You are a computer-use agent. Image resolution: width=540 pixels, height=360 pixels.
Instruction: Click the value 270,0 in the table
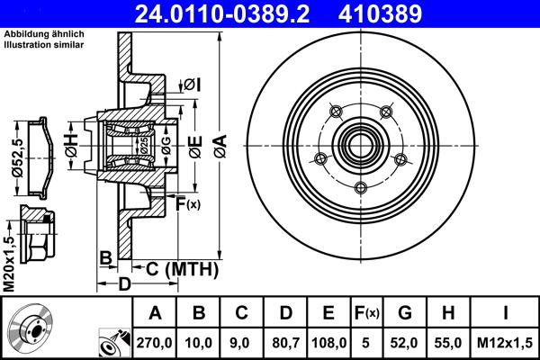155,341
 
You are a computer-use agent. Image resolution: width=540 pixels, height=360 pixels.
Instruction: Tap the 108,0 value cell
328,341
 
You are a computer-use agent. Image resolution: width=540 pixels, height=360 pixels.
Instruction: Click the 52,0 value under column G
405,341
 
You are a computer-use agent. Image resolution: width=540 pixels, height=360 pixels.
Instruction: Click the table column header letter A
155,313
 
